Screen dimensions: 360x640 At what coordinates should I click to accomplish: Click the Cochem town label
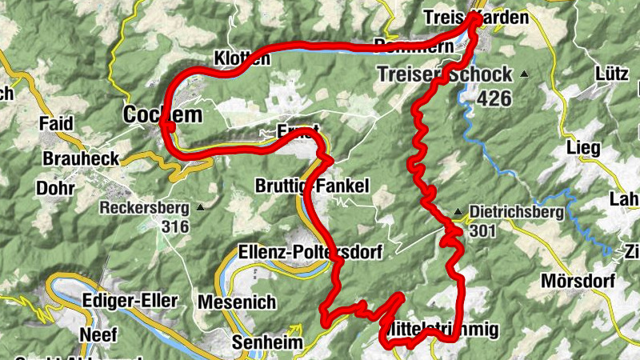[x=162, y=114]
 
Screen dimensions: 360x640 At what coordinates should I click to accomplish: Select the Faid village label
[x=56, y=124]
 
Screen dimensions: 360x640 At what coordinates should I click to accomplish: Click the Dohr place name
[x=54, y=189]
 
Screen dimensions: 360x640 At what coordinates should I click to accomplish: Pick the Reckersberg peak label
[x=144, y=208]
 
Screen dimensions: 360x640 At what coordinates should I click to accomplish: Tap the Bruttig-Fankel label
[x=312, y=186]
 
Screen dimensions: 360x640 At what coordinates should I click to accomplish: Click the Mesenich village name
[x=236, y=302]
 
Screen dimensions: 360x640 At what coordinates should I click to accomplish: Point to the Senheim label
[x=267, y=343]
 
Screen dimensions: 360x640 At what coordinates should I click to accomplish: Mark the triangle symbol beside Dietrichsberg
[x=458, y=213]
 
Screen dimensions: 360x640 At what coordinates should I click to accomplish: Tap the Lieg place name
[x=582, y=148]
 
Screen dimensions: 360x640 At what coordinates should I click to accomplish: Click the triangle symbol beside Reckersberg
[x=200, y=208]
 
